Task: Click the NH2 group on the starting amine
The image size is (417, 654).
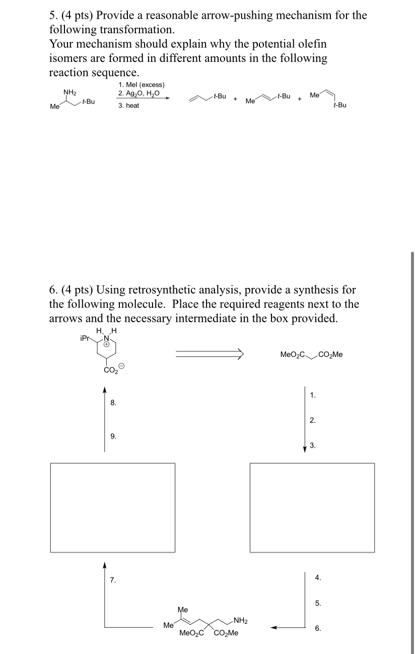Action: click(x=69, y=92)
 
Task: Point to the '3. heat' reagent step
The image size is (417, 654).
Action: click(x=129, y=106)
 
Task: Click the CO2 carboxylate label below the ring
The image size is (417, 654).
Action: click(x=109, y=372)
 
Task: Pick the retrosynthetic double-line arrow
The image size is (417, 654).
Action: click(x=209, y=355)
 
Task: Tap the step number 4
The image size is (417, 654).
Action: click(x=317, y=577)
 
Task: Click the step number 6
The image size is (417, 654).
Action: click(x=317, y=628)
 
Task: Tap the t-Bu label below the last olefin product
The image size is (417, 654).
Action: click(x=339, y=105)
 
